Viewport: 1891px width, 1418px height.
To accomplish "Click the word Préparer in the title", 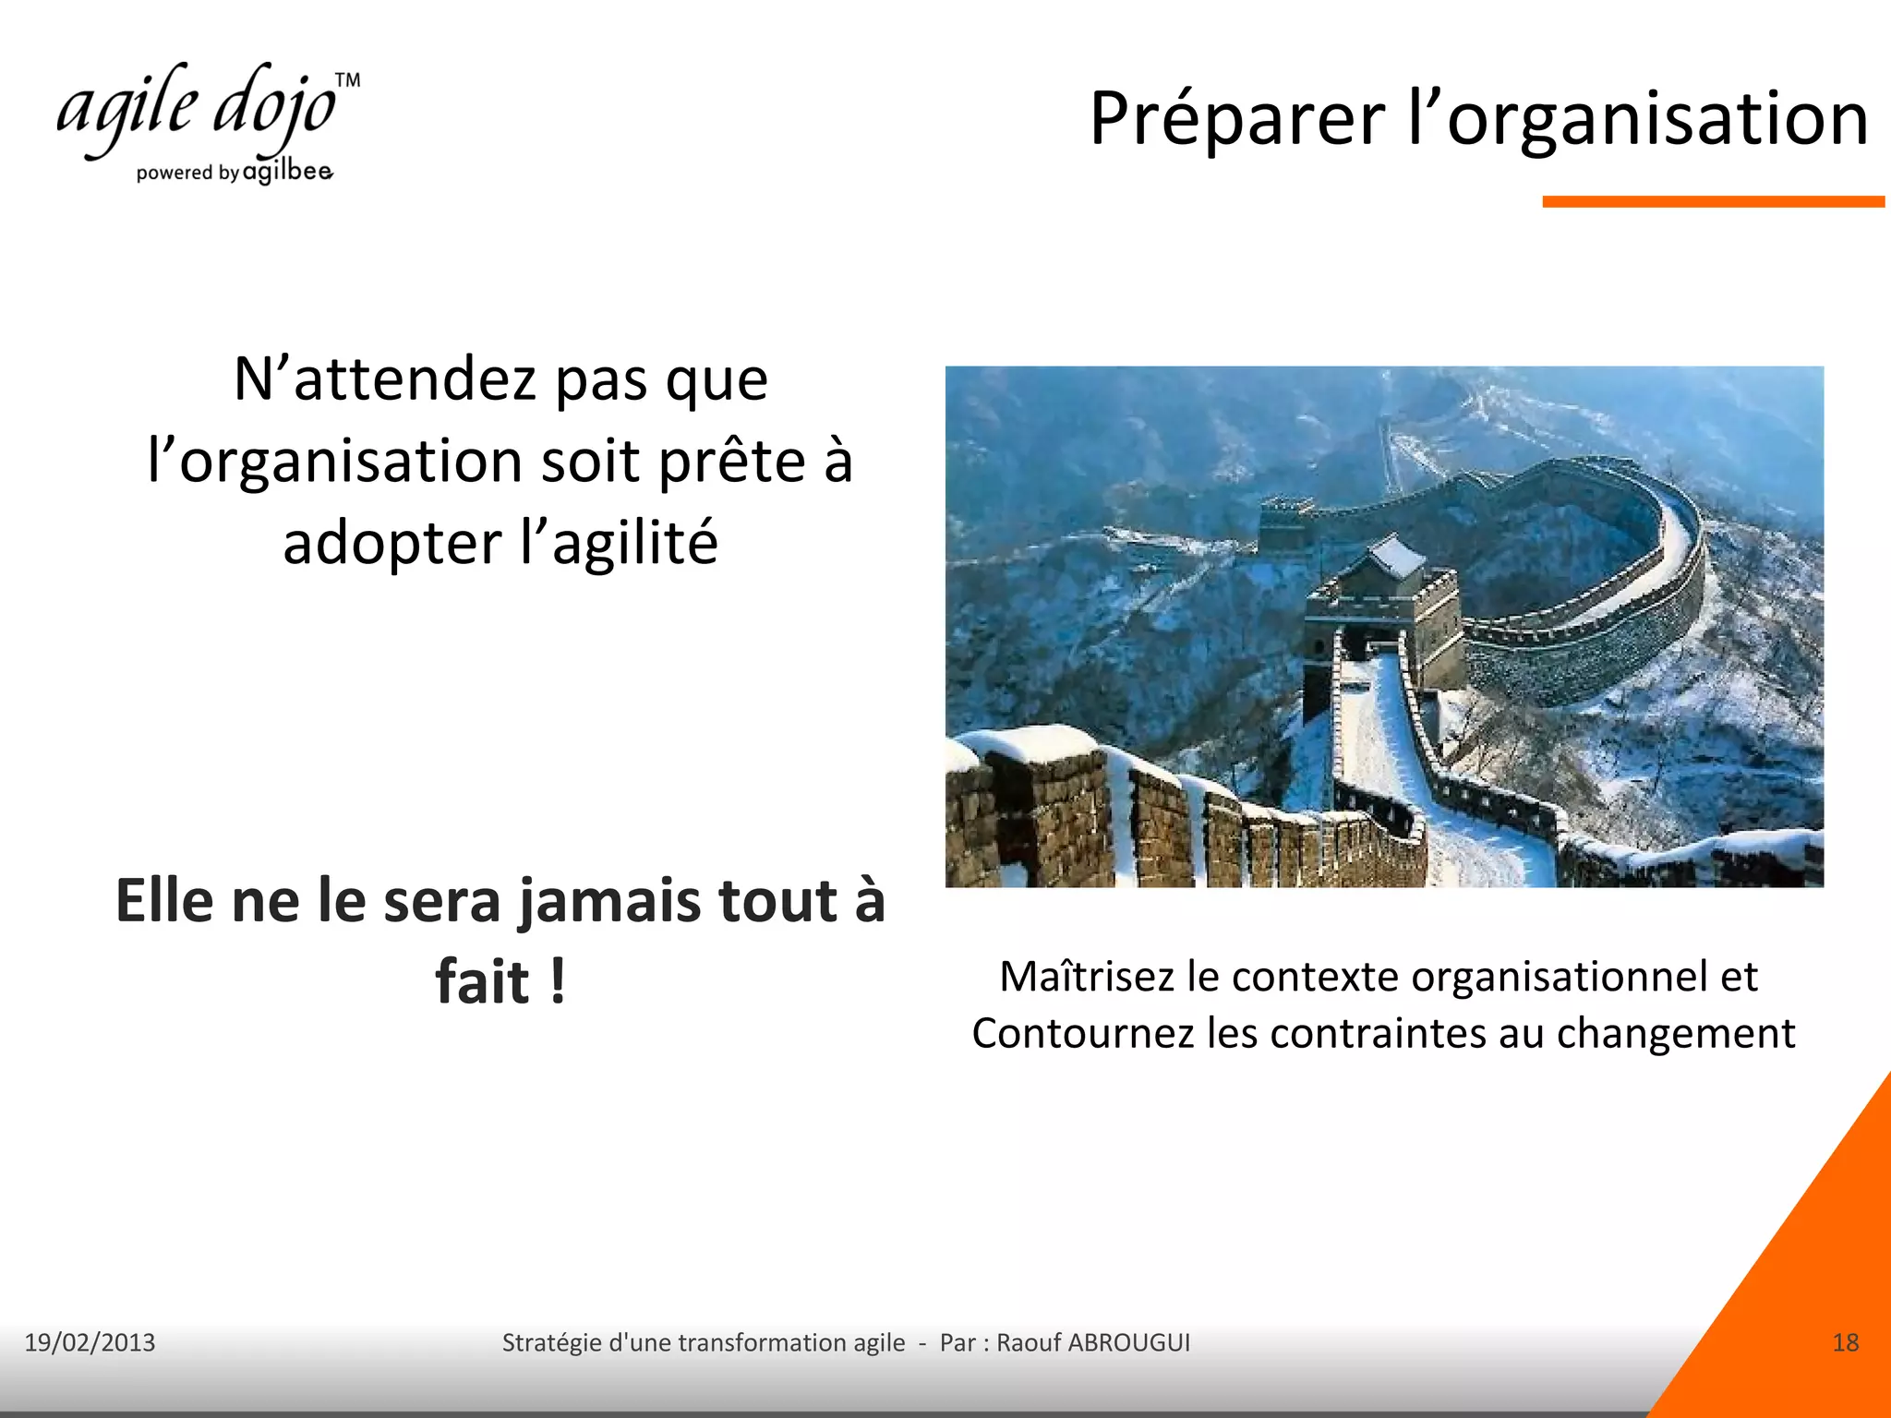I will click(1237, 120).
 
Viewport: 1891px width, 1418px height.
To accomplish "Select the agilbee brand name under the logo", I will click(287, 172).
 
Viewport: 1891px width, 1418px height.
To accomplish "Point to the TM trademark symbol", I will click(347, 80).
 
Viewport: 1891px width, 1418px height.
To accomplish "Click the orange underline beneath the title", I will click(1713, 201).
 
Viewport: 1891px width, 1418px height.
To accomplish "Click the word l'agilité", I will click(619, 543).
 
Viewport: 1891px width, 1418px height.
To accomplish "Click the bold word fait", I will click(482, 981).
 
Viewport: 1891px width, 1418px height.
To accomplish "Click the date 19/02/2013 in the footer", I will click(90, 1342).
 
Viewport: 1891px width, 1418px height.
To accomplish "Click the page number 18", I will click(1845, 1342).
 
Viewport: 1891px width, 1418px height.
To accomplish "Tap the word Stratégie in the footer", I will click(551, 1342).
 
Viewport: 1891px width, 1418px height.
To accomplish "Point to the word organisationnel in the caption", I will click(1560, 977).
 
